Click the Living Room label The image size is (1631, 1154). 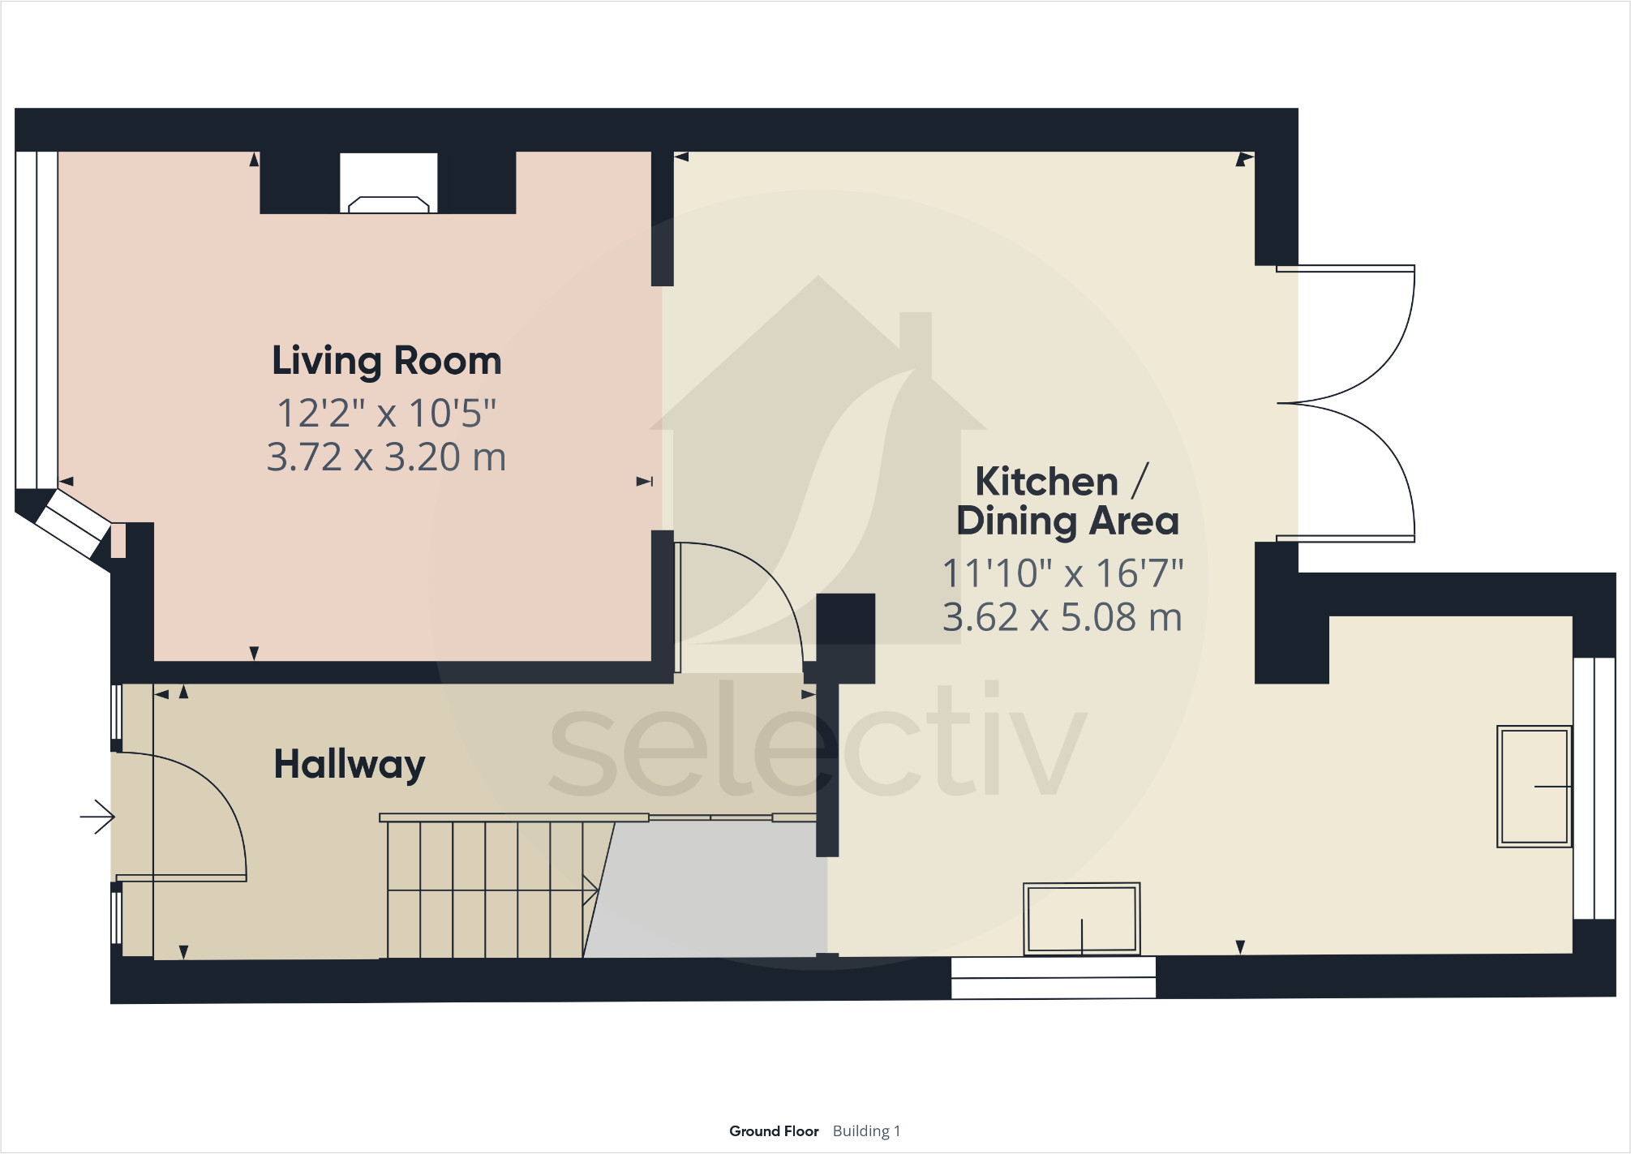point(386,361)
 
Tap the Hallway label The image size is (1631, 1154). point(349,764)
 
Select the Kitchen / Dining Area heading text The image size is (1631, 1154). point(1067,501)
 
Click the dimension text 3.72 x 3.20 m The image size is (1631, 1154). point(386,457)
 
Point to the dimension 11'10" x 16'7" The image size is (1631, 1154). point(1062,574)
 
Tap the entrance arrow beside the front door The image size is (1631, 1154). point(97,817)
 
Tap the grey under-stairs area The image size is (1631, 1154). point(714,892)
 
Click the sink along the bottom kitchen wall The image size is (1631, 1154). point(1081,919)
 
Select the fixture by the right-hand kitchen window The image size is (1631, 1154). point(1534,787)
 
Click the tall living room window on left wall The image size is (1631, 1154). point(36,320)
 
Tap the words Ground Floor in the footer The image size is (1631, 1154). point(773,1131)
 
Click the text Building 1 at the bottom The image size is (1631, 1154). point(866,1131)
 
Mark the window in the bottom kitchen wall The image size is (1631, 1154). point(1053,978)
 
